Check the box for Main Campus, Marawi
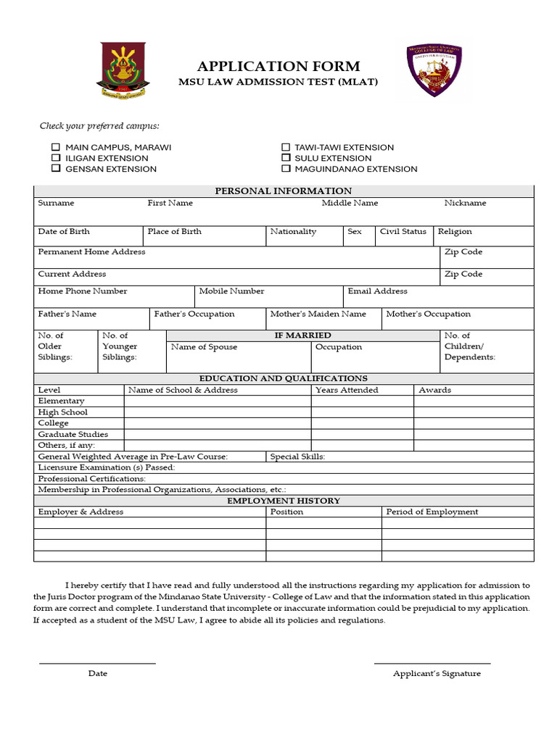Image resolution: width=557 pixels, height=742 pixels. [56, 147]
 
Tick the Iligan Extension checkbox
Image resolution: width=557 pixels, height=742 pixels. [56, 158]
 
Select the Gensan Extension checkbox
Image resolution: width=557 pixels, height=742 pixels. [56, 169]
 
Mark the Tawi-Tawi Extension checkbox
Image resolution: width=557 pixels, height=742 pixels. [286, 147]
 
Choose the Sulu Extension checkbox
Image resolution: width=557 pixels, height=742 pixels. [286, 158]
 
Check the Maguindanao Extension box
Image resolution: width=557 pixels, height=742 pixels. [286, 169]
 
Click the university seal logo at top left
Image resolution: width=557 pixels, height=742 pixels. [123, 70]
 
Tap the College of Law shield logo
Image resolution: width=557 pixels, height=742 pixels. [434, 70]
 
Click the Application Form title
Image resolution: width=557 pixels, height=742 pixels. [278, 67]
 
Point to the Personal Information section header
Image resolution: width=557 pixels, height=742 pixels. [284, 191]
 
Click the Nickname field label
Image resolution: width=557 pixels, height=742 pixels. [465, 203]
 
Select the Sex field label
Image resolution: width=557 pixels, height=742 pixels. [355, 231]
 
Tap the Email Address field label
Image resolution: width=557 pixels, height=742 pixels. [377, 291]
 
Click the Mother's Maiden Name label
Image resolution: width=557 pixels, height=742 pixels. [318, 314]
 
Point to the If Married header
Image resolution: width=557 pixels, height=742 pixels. [302, 335]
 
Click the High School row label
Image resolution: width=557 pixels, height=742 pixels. [62, 412]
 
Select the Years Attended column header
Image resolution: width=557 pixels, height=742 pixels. [347, 390]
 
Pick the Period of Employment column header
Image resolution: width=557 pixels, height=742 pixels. [432, 512]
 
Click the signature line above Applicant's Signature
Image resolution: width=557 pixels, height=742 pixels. [432, 663]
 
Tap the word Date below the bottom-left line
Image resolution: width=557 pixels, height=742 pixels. [98, 673]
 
